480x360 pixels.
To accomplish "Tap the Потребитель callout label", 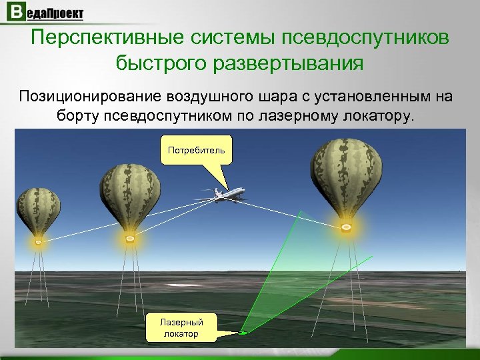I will (x=196, y=150).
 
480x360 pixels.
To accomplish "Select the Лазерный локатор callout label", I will (x=181, y=327).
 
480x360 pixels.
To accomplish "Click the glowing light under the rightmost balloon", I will (x=346, y=228).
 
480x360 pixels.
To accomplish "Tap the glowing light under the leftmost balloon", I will (x=38, y=241).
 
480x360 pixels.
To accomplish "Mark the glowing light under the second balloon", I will (x=130, y=238).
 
